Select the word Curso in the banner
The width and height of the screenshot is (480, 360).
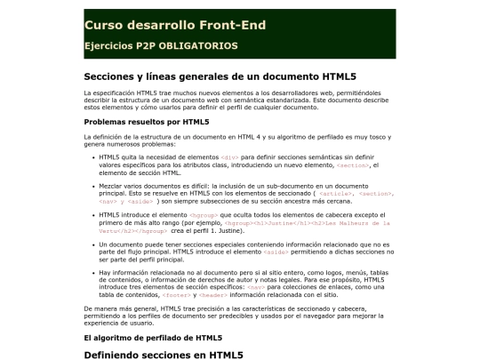103,24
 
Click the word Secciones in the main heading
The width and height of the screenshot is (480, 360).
110,76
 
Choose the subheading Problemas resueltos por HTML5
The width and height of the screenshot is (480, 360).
147,121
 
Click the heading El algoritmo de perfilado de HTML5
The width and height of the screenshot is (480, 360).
152,338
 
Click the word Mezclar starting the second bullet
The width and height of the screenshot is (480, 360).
113,186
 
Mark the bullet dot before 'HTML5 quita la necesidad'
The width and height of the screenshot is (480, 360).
94,157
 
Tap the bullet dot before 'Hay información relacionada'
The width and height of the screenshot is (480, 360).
94,273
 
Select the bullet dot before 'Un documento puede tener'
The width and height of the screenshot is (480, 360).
94,244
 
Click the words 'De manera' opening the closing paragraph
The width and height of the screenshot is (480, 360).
100,308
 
